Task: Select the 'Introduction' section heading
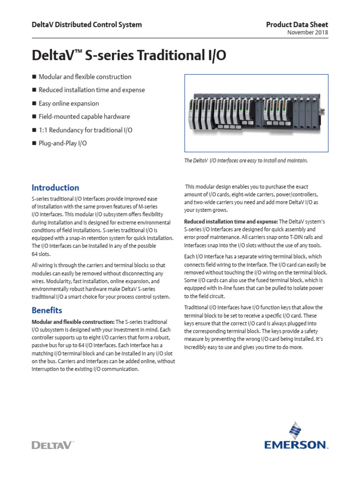click(x=55, y=188)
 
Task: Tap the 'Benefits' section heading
click(x=47, y=310)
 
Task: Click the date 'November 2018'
click(x=307, y=32)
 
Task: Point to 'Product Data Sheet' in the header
click(x=297, y=24)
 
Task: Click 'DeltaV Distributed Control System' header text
click(x=87, y=24)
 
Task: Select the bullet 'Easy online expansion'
click(x=69, y=103)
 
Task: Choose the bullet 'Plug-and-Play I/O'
click(x=63, y=143)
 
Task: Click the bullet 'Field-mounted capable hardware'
click(x=84, y=117)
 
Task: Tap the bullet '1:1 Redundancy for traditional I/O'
click(x=85, y=130)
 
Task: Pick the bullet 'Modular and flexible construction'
click(x=85, y=77)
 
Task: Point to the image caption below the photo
click(x=246, y=161)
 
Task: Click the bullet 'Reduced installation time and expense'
click(x=92, y=90)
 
